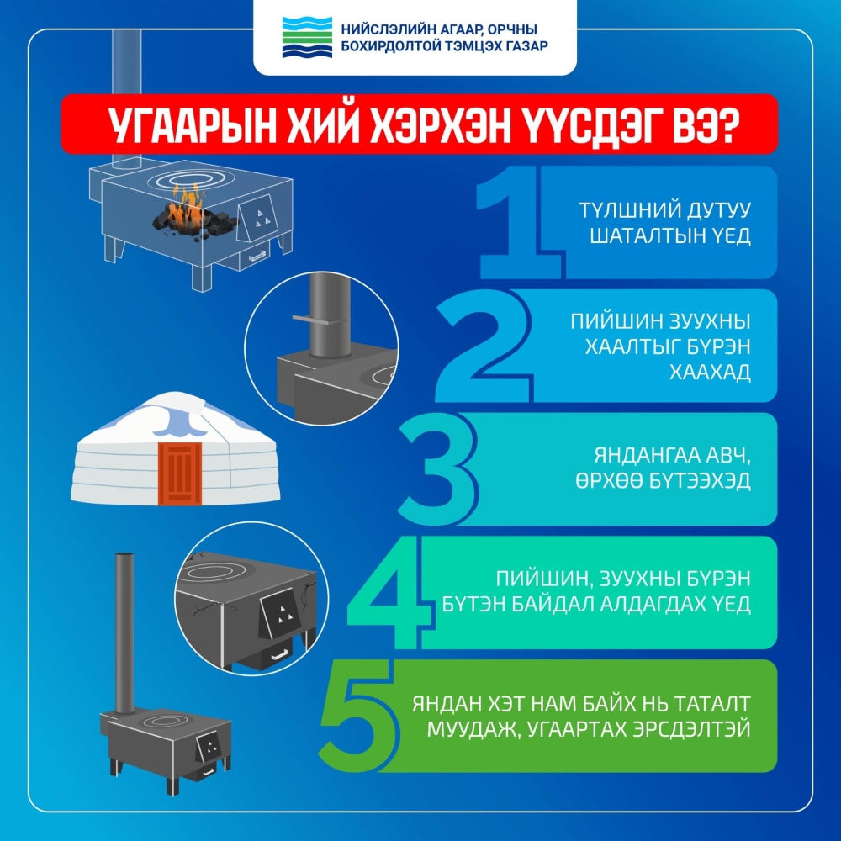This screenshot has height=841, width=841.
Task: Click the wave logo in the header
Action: [x=307, y=38]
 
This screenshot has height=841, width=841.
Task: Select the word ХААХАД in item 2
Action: [x=715, y=373]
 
